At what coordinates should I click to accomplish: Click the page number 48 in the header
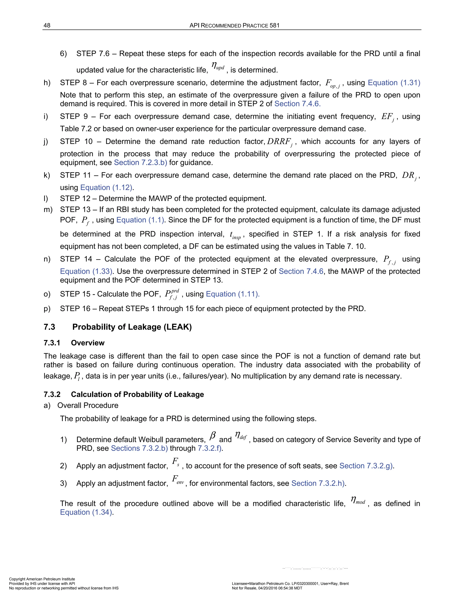tap(47, 26)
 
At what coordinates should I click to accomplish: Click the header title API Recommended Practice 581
tap(234, 26)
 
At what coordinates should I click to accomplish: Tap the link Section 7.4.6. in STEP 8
tap(297, 104)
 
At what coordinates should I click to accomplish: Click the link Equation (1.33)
tap(86, 271)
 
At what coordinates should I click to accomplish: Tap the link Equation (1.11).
tap(232, 294)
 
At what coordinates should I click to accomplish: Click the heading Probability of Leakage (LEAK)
tap(132, 327)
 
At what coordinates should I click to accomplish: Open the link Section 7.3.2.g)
tap(366, 466)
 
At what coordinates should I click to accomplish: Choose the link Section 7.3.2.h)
tap(318, 483)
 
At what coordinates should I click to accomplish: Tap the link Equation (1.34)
tap(86, 512)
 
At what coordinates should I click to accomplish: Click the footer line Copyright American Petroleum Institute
tap(42, 579)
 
